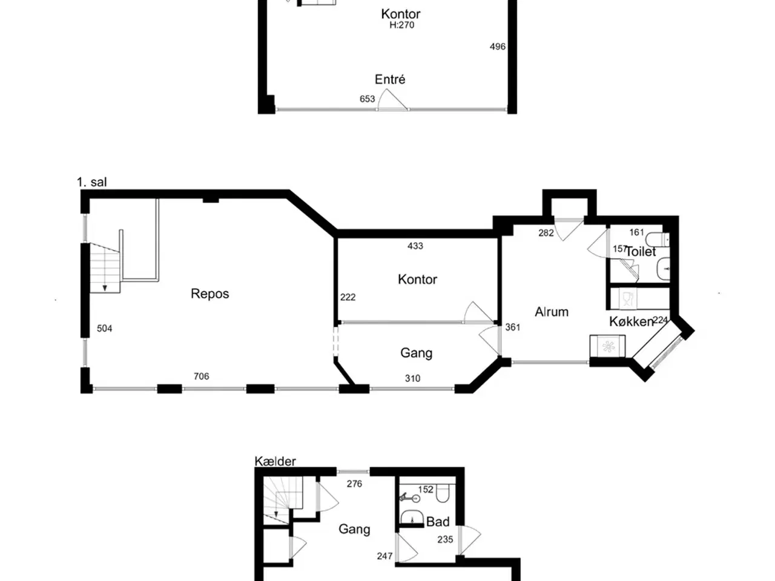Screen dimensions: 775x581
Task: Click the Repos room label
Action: click(x=209, y=294)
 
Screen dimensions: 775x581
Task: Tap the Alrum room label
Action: click(x=552, y=312)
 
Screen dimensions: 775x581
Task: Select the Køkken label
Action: click(x=632, y=322)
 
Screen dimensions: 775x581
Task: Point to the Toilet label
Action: click(x=641, y=252)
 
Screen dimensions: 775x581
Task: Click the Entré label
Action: click(x=390, y=79)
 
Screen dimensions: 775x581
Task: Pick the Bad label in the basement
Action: click(x=438, y=522)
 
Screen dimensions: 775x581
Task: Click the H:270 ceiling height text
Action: click(x=402, y=25)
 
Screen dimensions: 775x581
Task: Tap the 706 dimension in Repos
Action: click(x=201, y=376)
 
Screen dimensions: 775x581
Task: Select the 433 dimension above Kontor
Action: click(x=415, y=246)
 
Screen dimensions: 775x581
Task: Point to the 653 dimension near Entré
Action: click(x=367, y=99)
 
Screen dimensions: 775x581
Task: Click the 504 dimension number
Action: click(x=105, y=329)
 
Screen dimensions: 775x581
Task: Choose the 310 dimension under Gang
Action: click(x=412, y=378)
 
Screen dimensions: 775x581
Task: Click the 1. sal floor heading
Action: click(x=92, y=182)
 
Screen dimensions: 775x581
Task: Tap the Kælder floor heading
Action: click(x=275, y=461)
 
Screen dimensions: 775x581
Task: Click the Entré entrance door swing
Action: click(x=392, y=99)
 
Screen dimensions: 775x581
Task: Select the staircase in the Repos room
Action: click(x=105, y=268)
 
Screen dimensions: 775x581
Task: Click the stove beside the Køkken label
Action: click(x=607, y=346)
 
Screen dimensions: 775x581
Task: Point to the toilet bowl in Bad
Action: click(x=443, y=493)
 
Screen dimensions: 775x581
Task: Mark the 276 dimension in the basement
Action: click(x=354, y=484)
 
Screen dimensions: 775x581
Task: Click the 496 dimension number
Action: click(x=498, y=47)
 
